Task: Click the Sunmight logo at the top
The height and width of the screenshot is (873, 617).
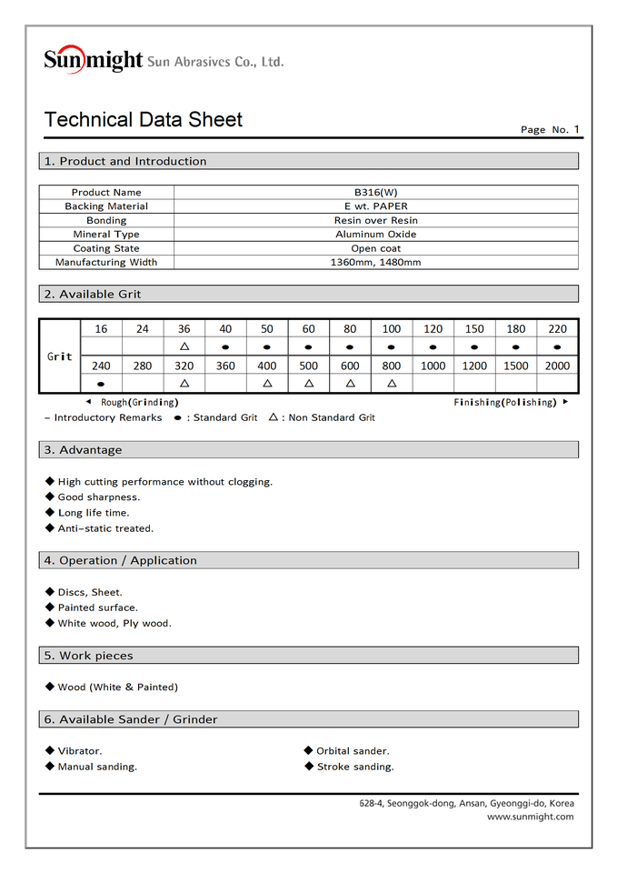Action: click(94, 60)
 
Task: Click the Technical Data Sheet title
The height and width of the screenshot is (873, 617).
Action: click(144, 120)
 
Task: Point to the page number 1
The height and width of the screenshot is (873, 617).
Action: click(576, 129)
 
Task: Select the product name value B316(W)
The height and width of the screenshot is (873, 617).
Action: click(375, 193)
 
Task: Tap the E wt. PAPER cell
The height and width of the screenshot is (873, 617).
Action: click(375, 206)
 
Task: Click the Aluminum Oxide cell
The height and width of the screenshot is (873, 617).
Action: click(375, 235)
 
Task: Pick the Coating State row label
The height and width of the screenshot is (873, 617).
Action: click(106, 248)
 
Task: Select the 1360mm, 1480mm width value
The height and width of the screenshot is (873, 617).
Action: click(375, 263)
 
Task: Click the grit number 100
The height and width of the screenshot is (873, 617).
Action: click(392, 329)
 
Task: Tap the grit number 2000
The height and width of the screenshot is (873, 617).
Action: click(557, 366)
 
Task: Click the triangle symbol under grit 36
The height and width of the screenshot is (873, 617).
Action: click(184, 346)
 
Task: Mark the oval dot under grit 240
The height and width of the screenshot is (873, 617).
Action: click(101, 384)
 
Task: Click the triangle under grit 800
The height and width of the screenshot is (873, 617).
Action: click(392, 384)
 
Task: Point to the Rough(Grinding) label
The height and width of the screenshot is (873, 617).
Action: click(139, 402)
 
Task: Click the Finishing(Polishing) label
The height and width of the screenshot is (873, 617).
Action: click(504, 402)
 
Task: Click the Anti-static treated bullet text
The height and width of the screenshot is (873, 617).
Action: click(105, 528)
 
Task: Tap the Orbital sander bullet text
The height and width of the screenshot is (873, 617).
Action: click(353, 751)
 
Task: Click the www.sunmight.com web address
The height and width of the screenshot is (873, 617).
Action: click(530, 817)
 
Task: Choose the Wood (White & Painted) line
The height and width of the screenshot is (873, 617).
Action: click(117, 687)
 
